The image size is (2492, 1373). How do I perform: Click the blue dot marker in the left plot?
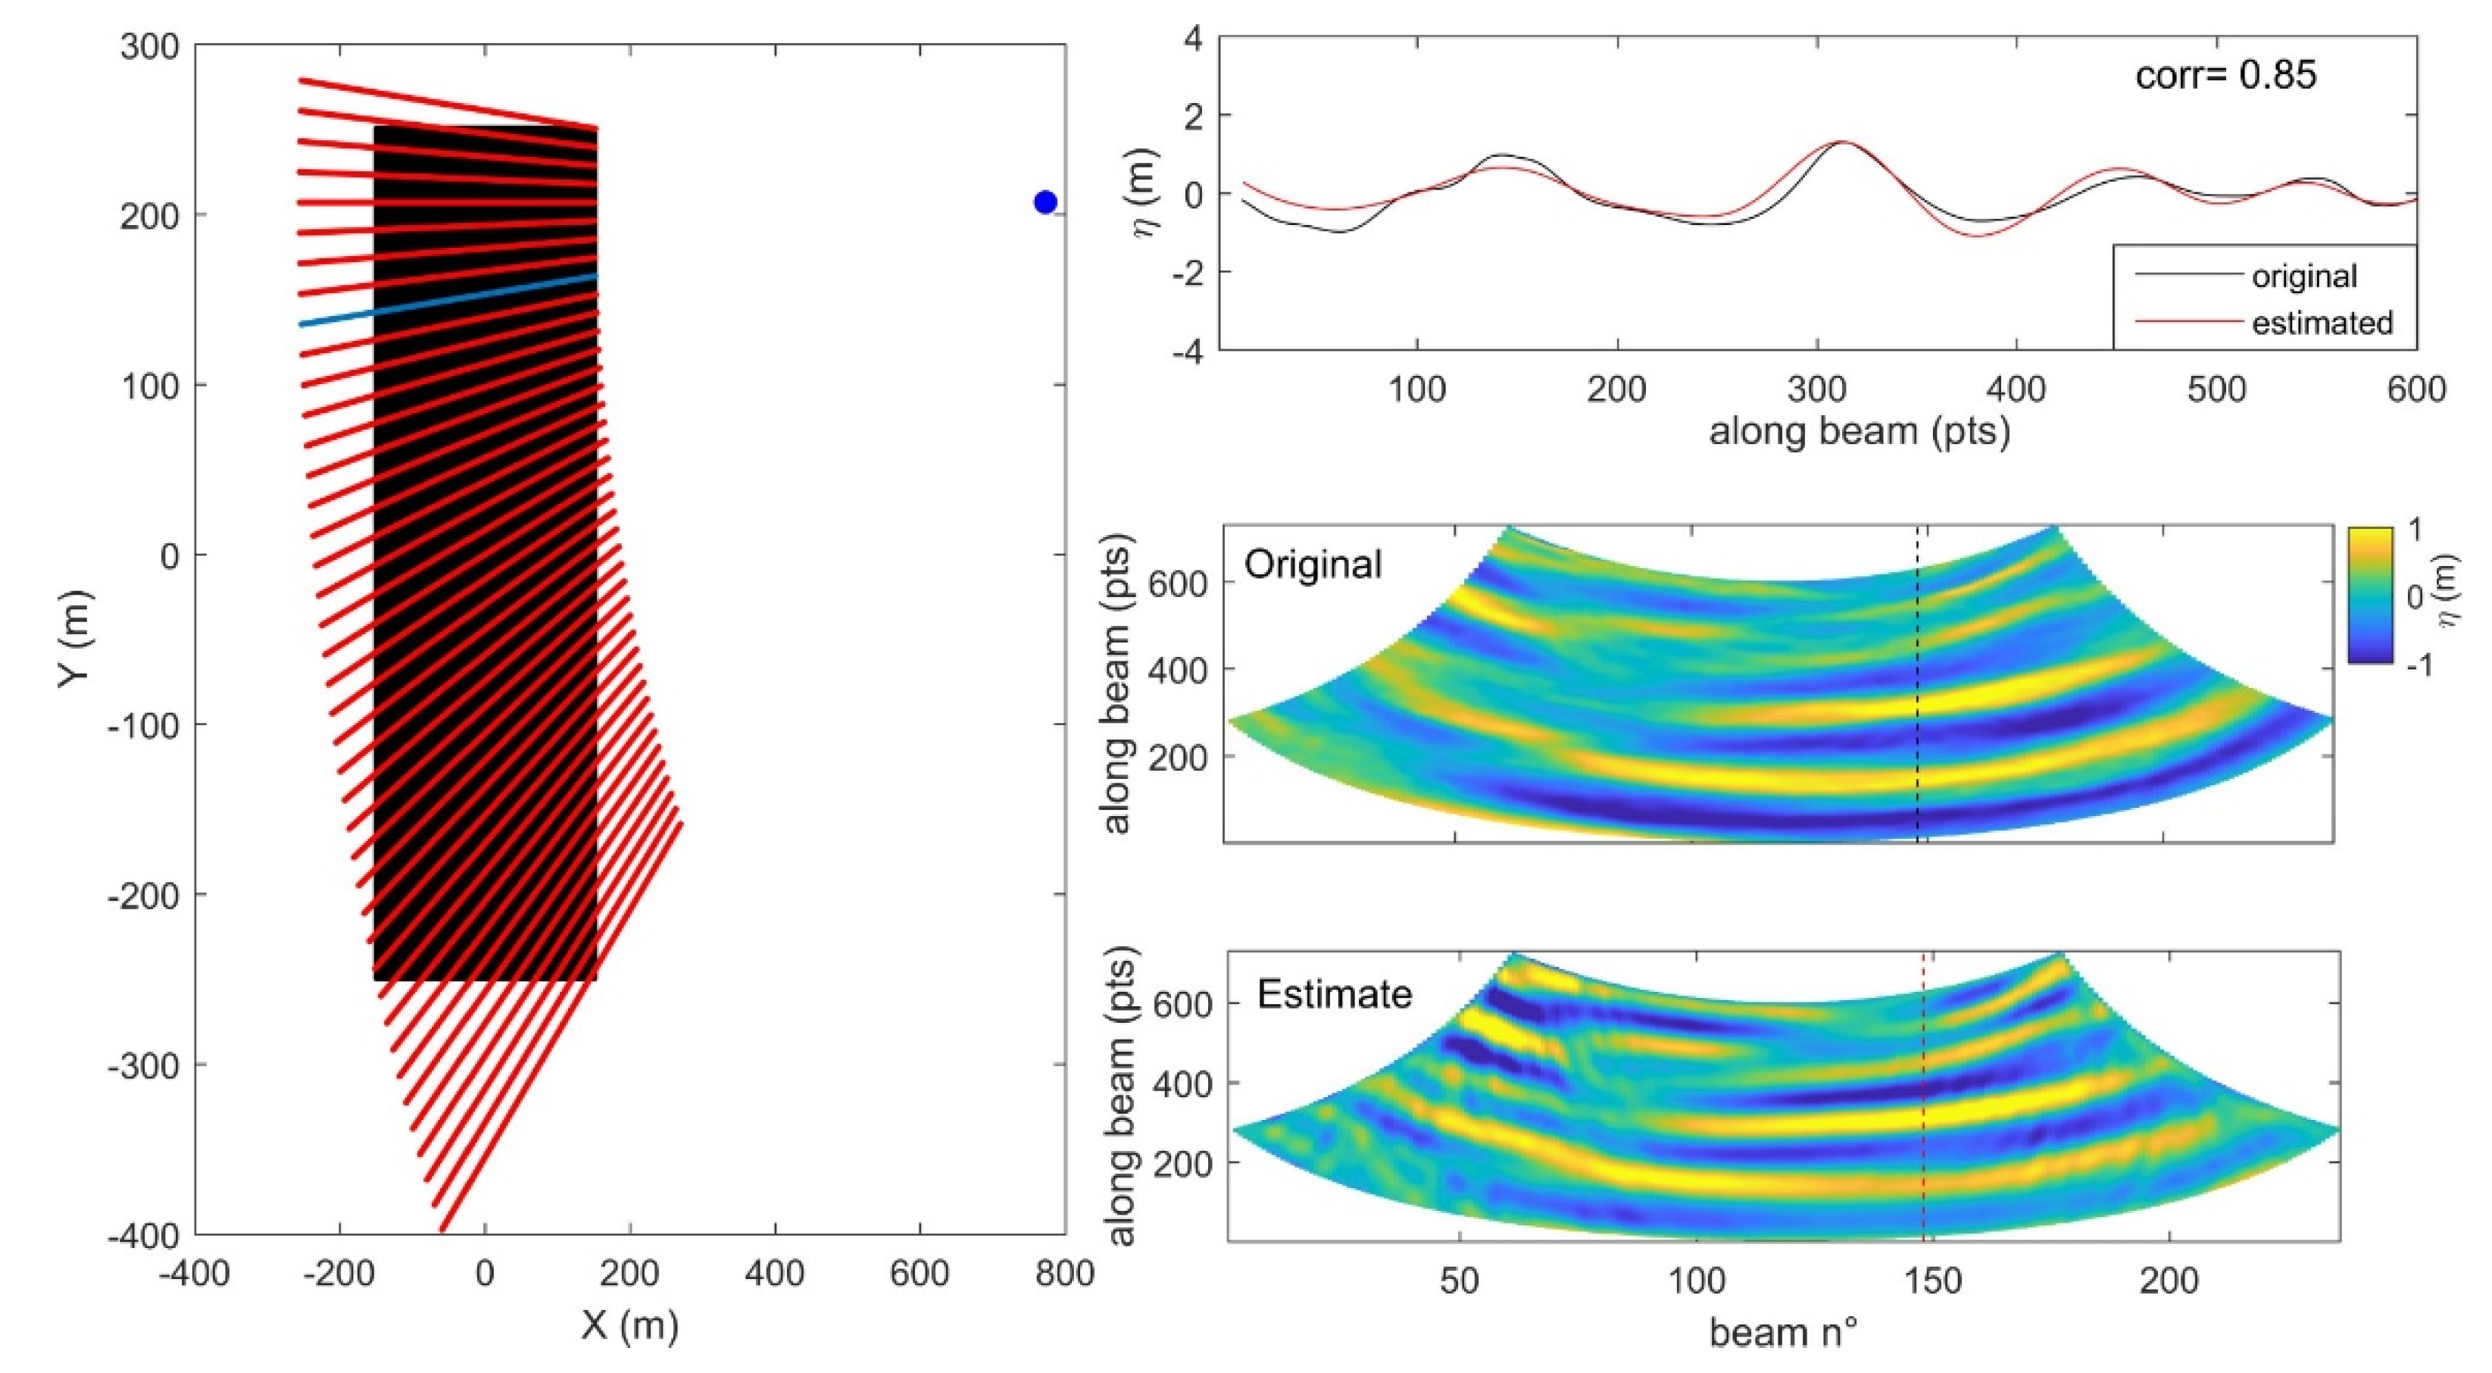[x=1045, y=202]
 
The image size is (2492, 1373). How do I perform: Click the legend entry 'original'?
[x=2303, y=277]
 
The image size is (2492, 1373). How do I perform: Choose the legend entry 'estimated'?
[x=2321, y=322]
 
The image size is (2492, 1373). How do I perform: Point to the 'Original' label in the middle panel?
[x=1312, y=564]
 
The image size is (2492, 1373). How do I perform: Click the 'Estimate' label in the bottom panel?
[x=1334, y=993]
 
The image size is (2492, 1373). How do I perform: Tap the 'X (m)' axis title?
[x=629, y=1325]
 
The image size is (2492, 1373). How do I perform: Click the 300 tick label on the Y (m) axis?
[x=150, y=45]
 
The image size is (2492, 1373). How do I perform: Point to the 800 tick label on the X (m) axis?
[x=1063, y=1272]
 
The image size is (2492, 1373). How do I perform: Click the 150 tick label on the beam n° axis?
[x=1932, y=1281]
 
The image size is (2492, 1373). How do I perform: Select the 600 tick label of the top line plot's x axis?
[x=2415, y=389]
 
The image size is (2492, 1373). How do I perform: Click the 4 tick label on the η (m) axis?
[x=1193, y=39]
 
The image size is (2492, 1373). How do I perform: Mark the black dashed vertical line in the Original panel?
[x=1917, y=696]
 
